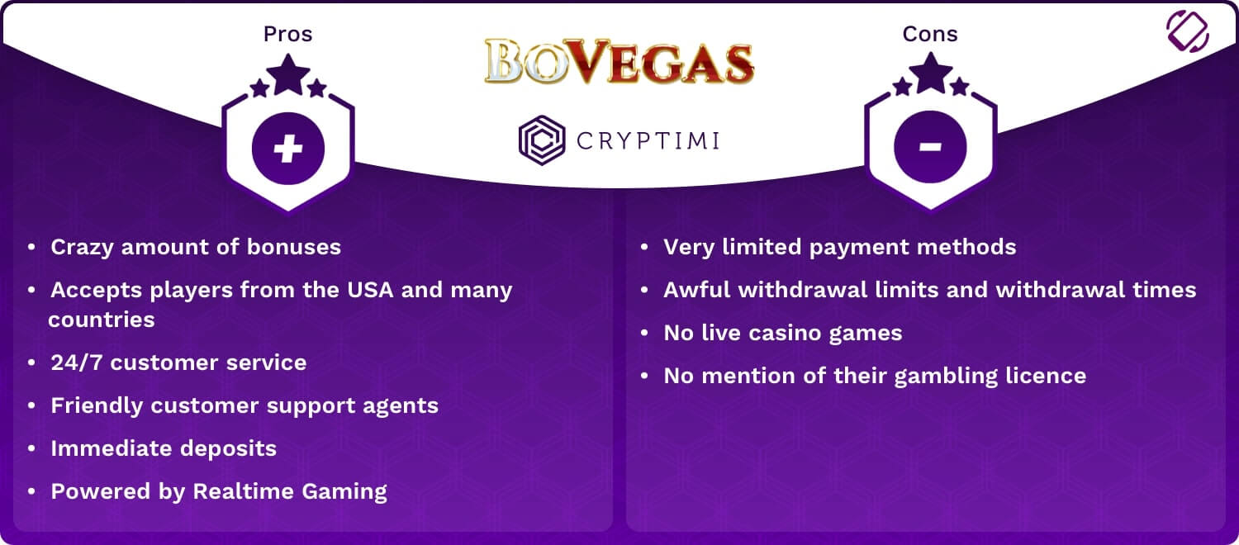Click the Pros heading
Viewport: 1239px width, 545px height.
coord(287,34)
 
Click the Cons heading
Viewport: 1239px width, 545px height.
coord(930,34)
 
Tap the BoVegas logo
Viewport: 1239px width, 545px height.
coord(619,61)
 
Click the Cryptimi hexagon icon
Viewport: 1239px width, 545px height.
coord(542,140)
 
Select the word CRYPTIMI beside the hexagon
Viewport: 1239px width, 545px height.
coord(648,140)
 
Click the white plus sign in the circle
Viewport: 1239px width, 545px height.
coord(288,148)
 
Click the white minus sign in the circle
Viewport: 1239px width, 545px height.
coord(930,147)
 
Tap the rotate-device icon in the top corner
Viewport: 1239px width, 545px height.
coord(1188,31)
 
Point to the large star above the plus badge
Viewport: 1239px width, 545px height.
coord(288,74)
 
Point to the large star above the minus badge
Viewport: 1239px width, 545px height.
coord(931,73)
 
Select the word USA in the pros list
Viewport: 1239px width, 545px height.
coord(370,290)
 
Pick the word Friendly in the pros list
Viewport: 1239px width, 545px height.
coord(97,406)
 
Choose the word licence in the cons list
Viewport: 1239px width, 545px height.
coord(1046,376)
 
